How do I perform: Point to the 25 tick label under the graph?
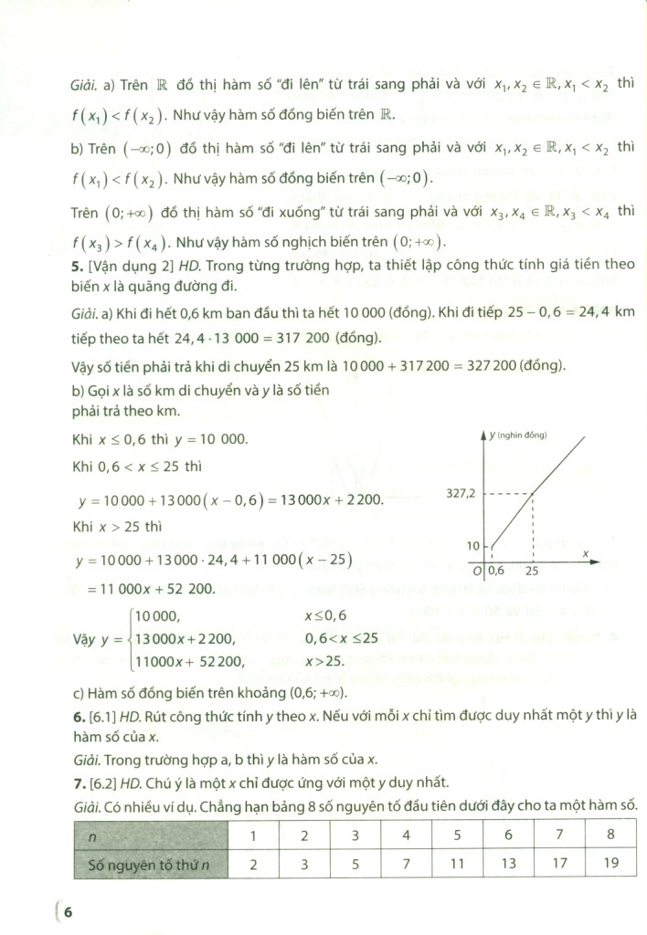[531, 571]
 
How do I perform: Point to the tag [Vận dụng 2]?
[123, 266]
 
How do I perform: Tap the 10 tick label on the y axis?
[472, 545]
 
